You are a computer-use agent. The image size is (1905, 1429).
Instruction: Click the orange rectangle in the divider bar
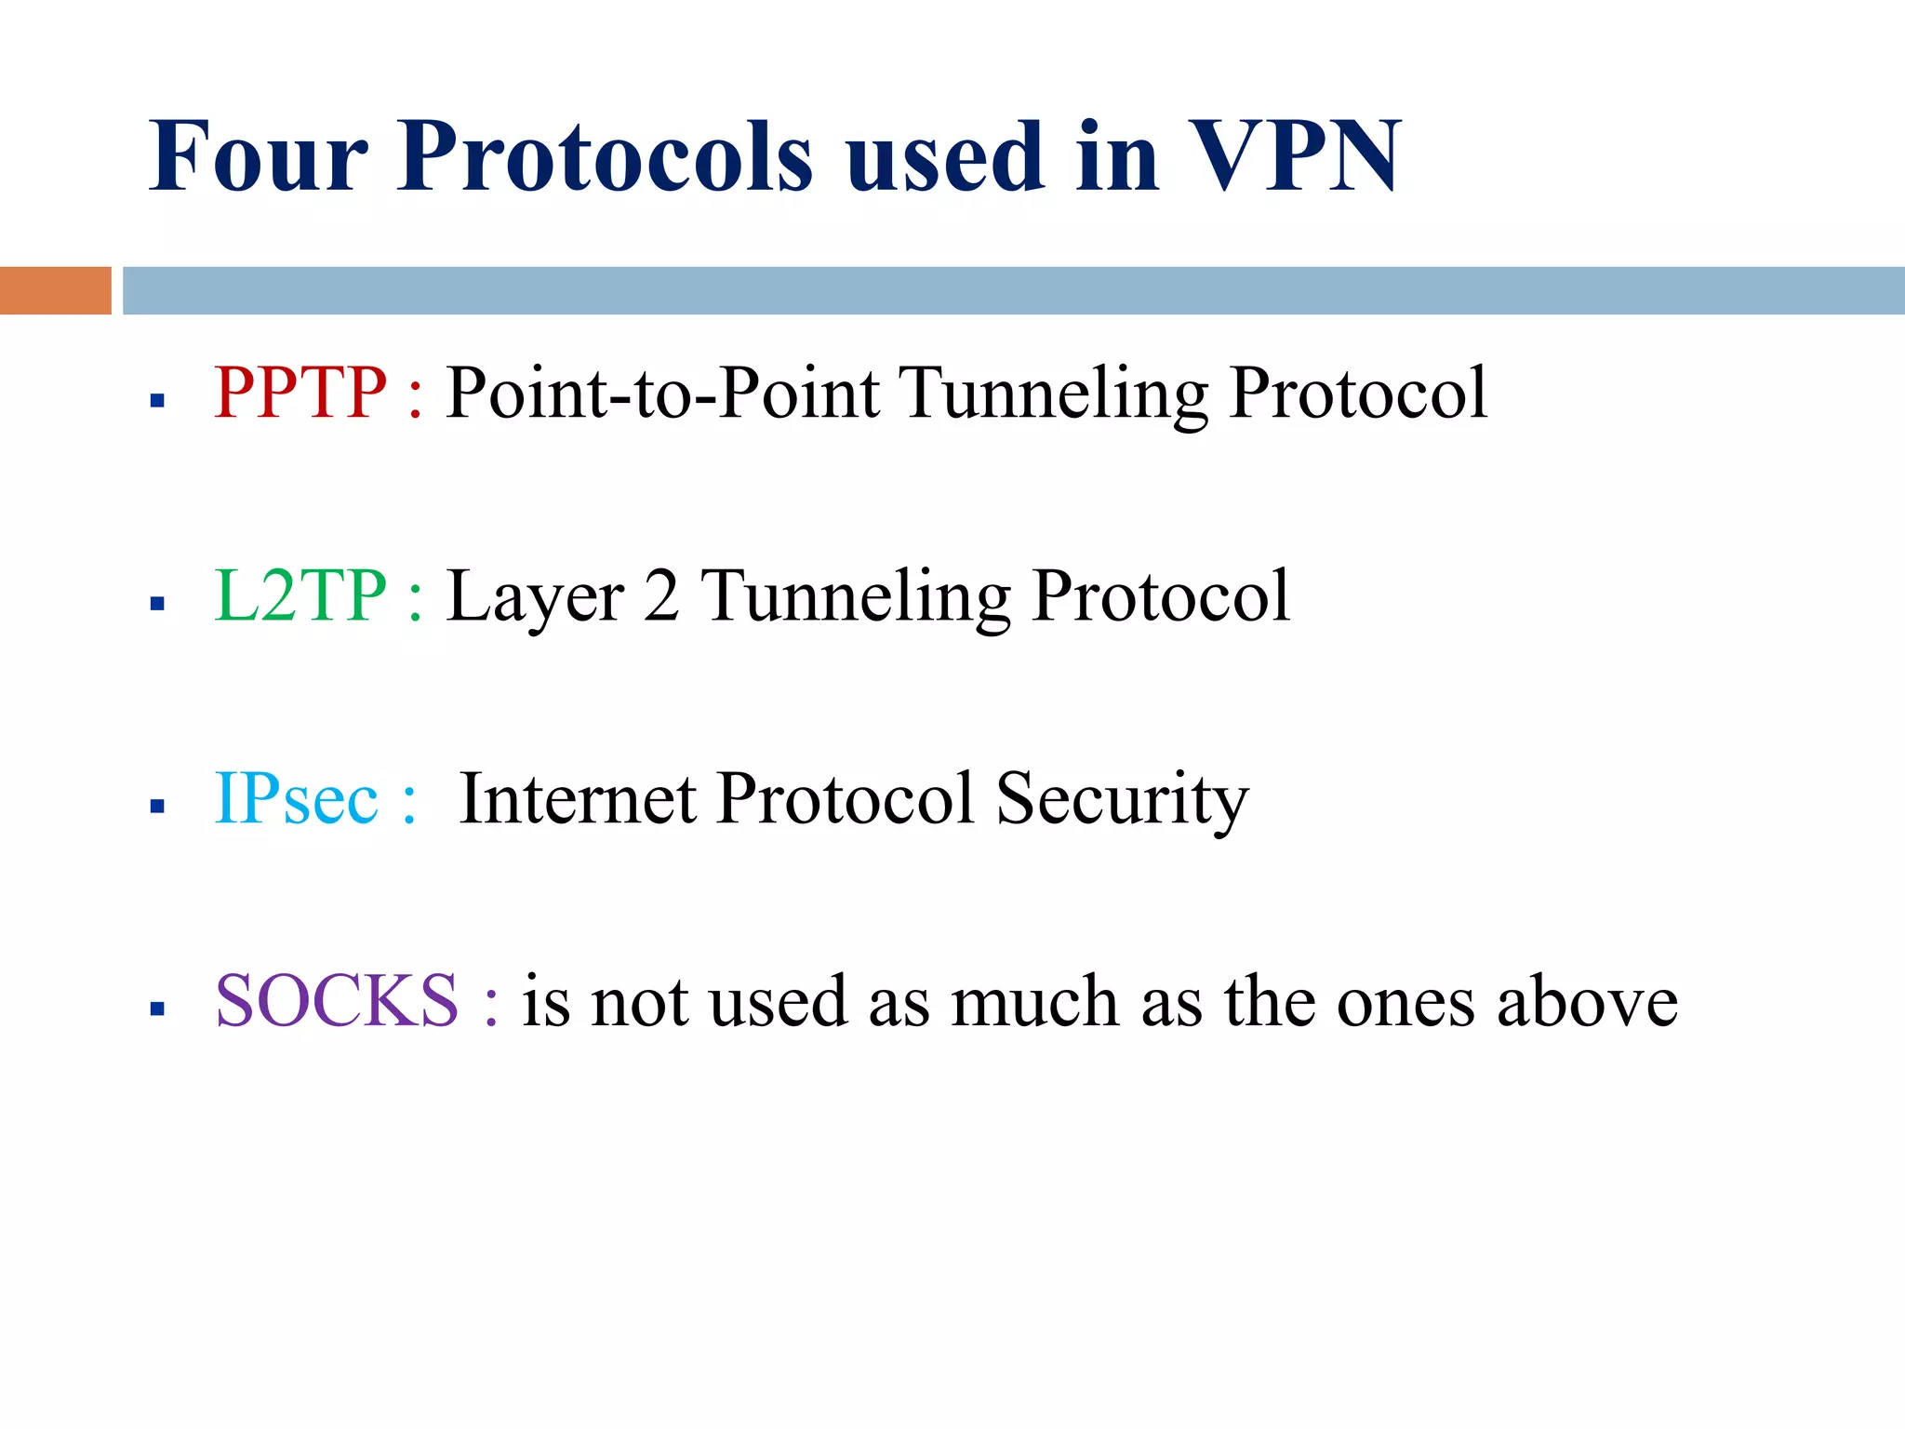pos(55,290)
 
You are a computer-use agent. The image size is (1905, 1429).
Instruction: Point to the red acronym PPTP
pos(300,393)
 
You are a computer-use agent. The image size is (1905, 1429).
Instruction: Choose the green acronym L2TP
pos(300,595)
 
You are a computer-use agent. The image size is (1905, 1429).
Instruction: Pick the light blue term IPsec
pos(296,798)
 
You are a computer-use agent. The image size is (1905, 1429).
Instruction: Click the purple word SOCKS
pos(337,1001)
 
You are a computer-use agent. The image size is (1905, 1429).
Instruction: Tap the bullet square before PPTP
pos(157,401)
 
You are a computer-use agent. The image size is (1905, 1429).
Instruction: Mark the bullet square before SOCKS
pos(157,1008)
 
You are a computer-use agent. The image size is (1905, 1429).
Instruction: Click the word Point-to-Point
pos(662,393)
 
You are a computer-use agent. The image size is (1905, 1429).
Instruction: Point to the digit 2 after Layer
pos(661,595)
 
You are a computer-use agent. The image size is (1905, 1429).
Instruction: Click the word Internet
pos(577,798)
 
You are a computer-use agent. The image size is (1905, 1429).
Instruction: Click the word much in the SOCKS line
pos(1034,1001)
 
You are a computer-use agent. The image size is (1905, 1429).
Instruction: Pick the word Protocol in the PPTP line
pos(1357,393)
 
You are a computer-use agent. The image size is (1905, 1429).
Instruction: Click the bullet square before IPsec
pos(157,806)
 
